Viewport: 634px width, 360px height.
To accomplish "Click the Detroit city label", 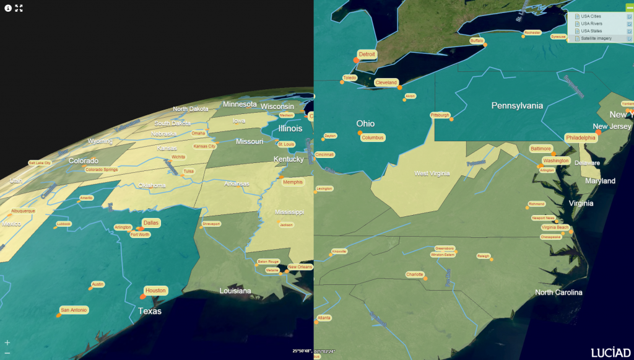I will coord(367,55).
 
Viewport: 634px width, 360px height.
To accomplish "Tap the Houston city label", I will coord(156,291).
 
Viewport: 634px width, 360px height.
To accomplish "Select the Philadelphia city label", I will coord(580,138).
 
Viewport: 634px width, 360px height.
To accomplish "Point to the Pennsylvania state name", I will coord(517,105).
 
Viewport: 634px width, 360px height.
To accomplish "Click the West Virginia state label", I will coord(432,173).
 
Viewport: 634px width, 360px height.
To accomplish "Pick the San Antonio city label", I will coord(74,310).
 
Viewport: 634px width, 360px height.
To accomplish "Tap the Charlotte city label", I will coord(415,274).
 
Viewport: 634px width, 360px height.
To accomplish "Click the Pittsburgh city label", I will coord(440,115).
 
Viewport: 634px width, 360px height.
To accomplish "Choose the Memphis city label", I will coord(293,182).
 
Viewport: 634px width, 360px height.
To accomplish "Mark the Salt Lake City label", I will coord(40,163).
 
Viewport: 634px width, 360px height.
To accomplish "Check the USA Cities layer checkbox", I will coord(629,16).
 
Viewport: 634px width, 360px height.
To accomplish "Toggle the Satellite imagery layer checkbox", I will coord(629,38).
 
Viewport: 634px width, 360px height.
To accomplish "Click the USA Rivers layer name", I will coord(591,24).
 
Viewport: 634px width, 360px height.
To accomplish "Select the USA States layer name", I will coord(591,31).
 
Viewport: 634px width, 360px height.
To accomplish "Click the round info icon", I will coord(8,8).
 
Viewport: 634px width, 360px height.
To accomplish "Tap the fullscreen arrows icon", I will coord(19,8).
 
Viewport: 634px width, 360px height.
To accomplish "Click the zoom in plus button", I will coord(7,342).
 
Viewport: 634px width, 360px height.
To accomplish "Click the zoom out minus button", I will coord(7,353).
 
